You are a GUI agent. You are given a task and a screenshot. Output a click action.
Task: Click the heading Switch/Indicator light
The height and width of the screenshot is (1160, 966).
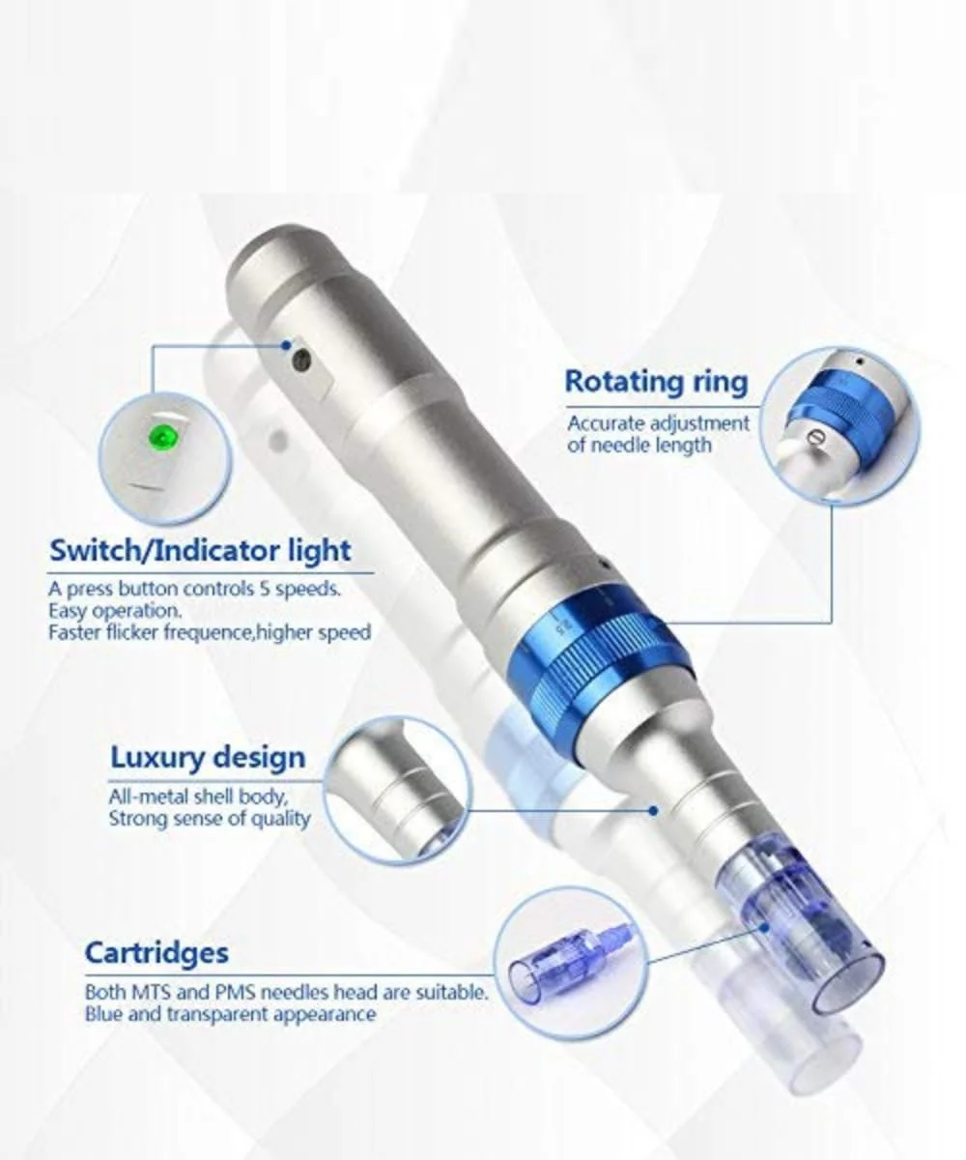tap(200, 551)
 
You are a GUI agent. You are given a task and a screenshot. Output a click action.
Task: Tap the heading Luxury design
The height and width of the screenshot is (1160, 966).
tap(209, 758)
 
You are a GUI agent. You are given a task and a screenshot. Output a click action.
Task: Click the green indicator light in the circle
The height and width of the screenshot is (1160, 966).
tap(161, 438)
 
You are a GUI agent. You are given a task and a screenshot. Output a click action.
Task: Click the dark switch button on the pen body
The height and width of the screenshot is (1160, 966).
tap(302, 362)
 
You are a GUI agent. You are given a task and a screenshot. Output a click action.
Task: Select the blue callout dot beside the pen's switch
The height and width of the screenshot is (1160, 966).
tap(286, 345)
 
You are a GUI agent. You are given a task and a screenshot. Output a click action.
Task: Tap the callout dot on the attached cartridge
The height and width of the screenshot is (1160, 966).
tap(765, 928)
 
